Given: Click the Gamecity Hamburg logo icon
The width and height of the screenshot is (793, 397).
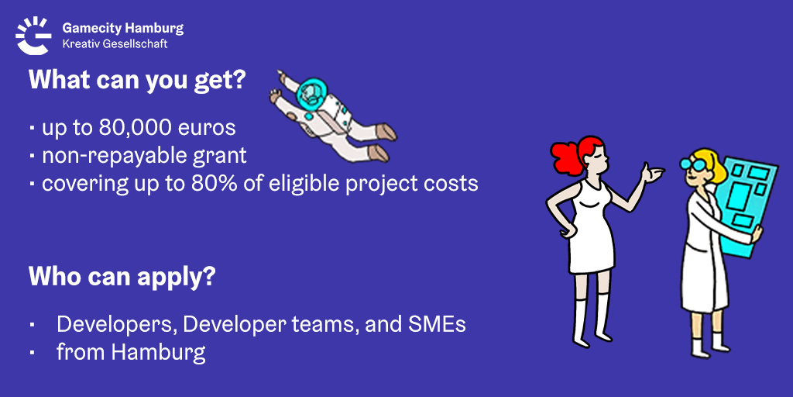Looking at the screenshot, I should click(33, 35).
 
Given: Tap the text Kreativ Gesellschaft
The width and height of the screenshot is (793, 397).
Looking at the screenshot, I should click(115, 44).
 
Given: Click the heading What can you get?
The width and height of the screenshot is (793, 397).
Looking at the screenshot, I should click(136, 80).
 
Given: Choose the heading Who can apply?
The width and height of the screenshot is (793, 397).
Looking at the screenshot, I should click(122, 276).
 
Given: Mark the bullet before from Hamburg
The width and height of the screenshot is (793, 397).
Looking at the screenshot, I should click(33, 353).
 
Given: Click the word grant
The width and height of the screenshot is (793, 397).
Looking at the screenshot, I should click(225, 155).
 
